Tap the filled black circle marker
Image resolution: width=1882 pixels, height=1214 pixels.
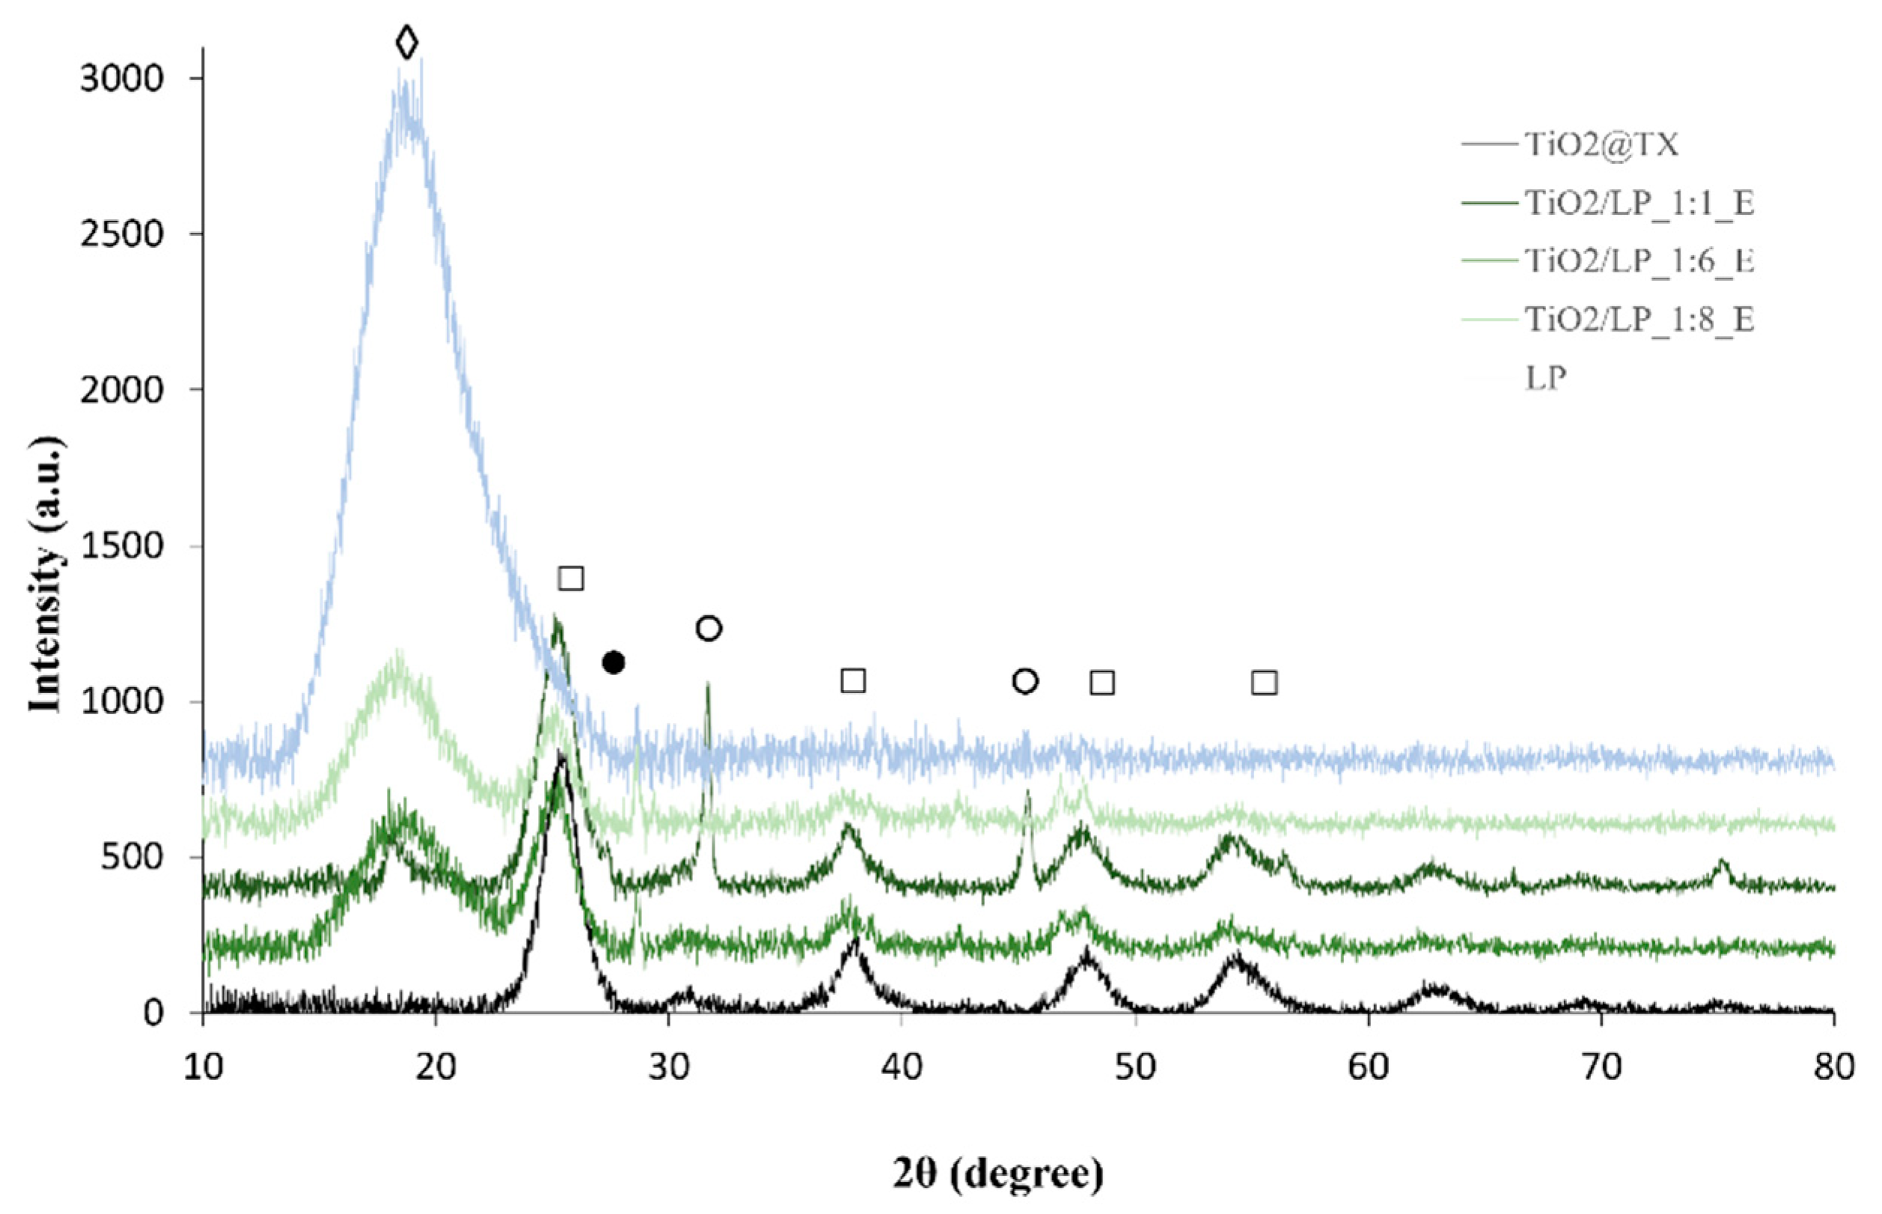tap(613, 663)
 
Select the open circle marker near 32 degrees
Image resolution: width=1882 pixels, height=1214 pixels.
tap(709, 628)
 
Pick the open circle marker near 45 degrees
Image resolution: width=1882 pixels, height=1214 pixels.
tap(1024, 681)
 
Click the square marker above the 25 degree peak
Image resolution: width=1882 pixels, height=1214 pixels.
tap(571, 578)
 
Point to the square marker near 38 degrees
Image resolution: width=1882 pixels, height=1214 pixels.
tap(853, 680)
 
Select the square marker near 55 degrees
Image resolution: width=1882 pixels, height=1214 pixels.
tap(1264, 683)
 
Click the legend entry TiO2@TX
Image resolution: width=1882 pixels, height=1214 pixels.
tap(1600, 144)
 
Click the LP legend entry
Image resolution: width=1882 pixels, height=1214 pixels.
tap(1545, 379)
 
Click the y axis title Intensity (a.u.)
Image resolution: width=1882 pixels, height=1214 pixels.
tap(46, 576)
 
